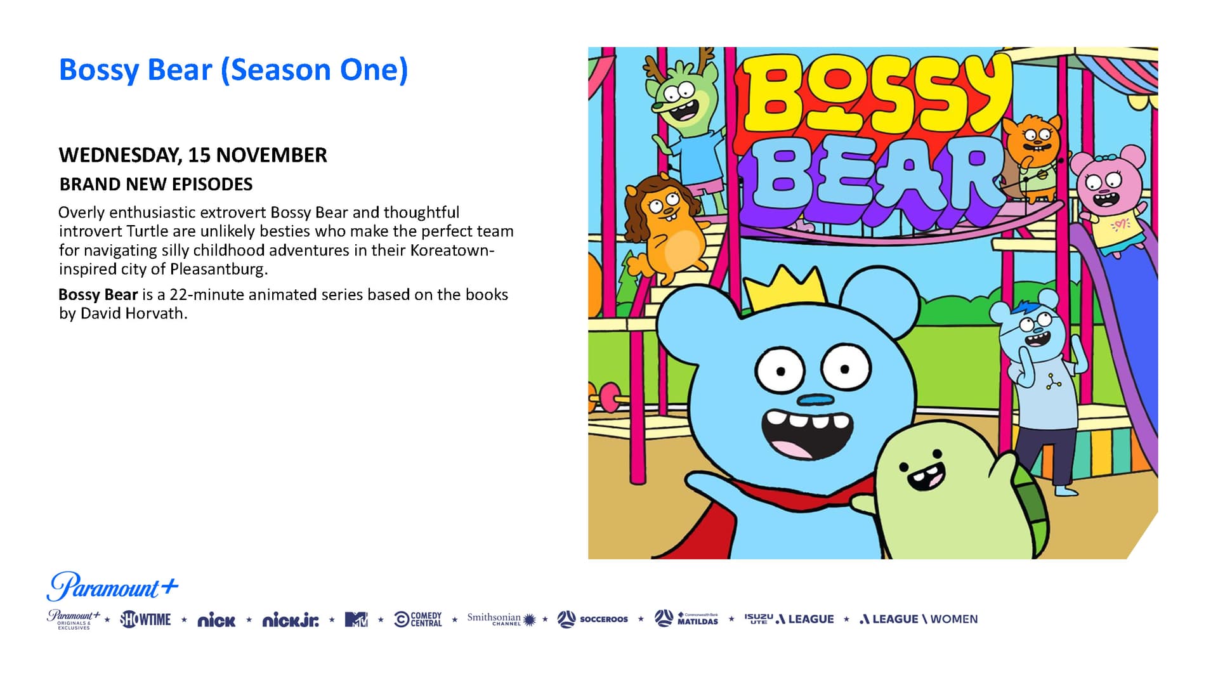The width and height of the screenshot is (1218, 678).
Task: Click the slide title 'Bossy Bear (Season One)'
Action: click(x=233, y=70)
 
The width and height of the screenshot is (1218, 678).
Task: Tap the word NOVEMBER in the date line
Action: click(x=272, y=155)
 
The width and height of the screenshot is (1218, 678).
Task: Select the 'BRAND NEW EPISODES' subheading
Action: click(x=156, y=185)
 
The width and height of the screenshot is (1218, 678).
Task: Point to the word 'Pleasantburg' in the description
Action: click(x=217, y=269)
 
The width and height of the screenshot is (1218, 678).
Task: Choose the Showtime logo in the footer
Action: click(x=145, y=619)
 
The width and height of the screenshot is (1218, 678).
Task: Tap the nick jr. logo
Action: click(x=291, y=620)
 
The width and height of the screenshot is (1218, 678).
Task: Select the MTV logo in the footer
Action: click(x=356, y=619)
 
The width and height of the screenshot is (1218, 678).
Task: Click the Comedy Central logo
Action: click(x=418, y=619)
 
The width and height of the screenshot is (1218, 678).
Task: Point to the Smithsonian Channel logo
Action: click(x=501, y=619)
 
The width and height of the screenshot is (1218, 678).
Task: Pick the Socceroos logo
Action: click(x=593, y=619)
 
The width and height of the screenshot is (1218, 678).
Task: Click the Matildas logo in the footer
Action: click(x=686, y=618)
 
